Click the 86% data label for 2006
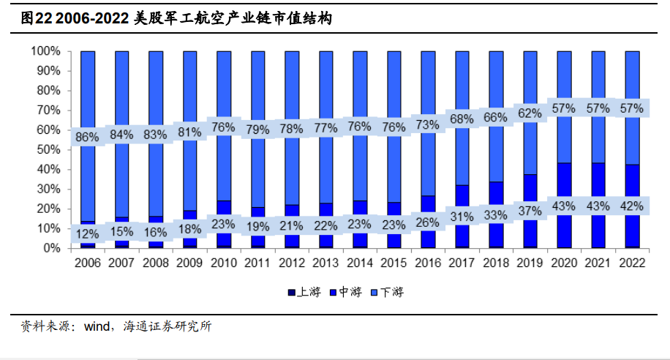click(88, 137)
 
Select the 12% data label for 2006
click(88, 234)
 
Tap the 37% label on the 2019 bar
click(530, 211)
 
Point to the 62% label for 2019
click(530, 113)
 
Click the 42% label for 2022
click(631, 206)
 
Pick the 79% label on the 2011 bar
click(258, 130)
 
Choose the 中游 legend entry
click(348, 293)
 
